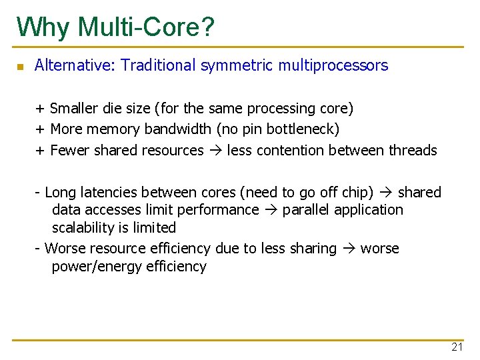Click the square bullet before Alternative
(20, 67)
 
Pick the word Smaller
(75, 108)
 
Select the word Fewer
(70, 150)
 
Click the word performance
(221, 210)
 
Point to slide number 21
(457, 347)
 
